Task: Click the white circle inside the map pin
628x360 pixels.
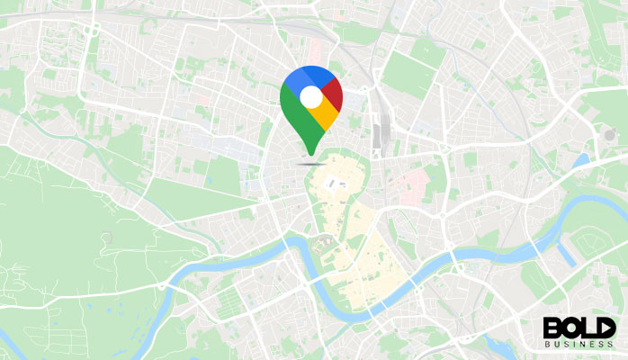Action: (x=310, y=96)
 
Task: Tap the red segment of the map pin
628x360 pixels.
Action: (x=333, y=92)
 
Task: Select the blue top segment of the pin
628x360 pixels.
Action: (x=302, y=75)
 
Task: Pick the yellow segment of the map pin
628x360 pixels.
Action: (x=326, y=114)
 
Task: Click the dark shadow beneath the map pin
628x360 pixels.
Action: (x=310, y=165)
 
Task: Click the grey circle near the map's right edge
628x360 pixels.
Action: (x=610, y=135)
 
